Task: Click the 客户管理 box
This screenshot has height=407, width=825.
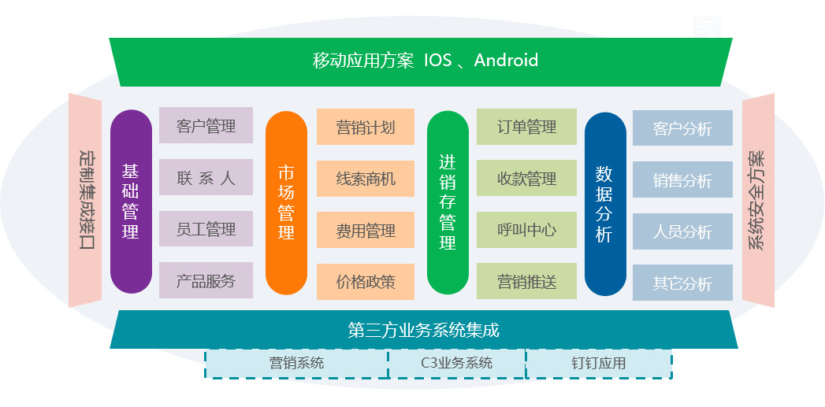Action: pyautogui.click(x=206, y=125)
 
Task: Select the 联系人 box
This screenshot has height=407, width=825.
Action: pyautogui.click(x=206, y=177)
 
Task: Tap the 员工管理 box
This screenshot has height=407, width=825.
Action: pyautogui.click(x=206, y=229)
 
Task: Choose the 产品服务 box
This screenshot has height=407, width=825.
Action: pyautogui.click(x=206, y=280)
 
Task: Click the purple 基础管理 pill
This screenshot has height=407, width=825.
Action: pyautogui.click(x=131, y=202)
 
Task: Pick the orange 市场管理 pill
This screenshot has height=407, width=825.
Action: pyautogui.click(x=286, y=202)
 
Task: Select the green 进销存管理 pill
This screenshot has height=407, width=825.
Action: pyautogui.click(x=448, y=202)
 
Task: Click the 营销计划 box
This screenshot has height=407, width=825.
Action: pyautogui.click(x=366, y=127)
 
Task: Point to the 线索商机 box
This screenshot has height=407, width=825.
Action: pyautogui.click(x=366, y=179)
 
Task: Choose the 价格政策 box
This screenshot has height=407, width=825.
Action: pyautogui.click(x=366, y=282)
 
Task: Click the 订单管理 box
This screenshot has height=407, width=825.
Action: pyautogui.click(x=526, y=127)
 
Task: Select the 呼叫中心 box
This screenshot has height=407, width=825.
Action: pyautogui.click(x=526, y=230)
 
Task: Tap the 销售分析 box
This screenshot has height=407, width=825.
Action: pyautogui.click(x=682, y=180)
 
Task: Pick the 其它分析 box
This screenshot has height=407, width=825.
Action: pyautogui.click(x=682, y=283)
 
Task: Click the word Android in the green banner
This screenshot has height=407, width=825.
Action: pyautogui.click(x=506, y=60)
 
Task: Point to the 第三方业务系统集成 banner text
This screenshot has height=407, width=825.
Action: pyautogui.click(x=424, y=330)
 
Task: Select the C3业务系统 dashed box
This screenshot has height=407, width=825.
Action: pyautogui.click(x=457, y=363)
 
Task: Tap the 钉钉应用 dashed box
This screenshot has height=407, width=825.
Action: pyautogui.click(x=599, y=363)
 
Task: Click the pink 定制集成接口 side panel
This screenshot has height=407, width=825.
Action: pyautogui.click(x=86, y=200)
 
